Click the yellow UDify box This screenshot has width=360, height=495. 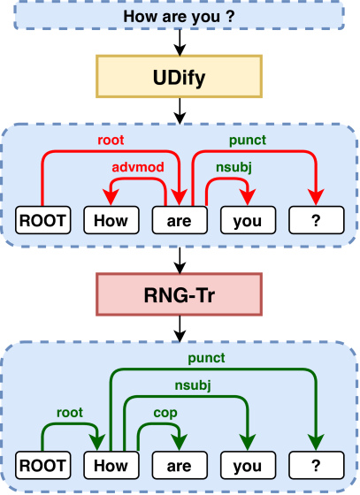tap(179, 77)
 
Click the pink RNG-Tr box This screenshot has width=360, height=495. tap(179, 295)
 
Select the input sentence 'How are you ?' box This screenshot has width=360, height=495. tap(179, 16)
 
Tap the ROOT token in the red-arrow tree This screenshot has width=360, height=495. tap(43, 220)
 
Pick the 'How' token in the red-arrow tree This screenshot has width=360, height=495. tap(111, 220)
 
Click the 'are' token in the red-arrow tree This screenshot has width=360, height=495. tap(180, 220)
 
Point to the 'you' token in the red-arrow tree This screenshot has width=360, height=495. tap(248, 220)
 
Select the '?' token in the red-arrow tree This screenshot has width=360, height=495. tap(317, 220)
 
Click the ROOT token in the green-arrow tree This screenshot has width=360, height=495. tap(43, 465)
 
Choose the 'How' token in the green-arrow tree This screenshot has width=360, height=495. tap(111, 465)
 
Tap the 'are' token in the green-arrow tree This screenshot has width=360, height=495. tap(180, 465)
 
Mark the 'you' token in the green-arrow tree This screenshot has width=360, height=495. tap(248, 465)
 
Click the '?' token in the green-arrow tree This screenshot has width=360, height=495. tap(317, 465)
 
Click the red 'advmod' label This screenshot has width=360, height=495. tap(138, 167)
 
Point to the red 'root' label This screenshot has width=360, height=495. tap(111, 141)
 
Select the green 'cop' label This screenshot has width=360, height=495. tap(165, 414)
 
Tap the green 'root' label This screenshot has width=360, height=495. tap(70, 413)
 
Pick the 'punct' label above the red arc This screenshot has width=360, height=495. tap(248, 141)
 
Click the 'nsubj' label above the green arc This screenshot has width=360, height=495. tap(193, 385)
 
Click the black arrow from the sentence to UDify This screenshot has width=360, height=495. tap(180, 43)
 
